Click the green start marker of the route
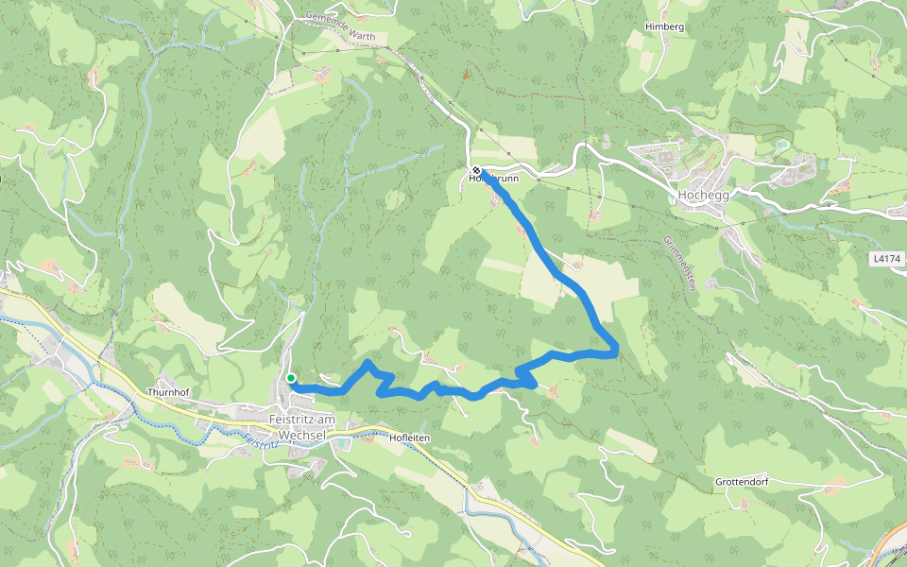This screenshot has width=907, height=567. (291, 378)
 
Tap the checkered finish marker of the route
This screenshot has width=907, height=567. (476, 170)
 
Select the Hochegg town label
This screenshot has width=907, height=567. (701, 196)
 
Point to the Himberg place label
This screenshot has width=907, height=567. (663, 26)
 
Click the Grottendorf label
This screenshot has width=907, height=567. (741, 482)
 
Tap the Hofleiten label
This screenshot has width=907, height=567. (410, 438)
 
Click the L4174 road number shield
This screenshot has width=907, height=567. (887, 257)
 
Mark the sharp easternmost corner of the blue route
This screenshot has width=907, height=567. (616, 349)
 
